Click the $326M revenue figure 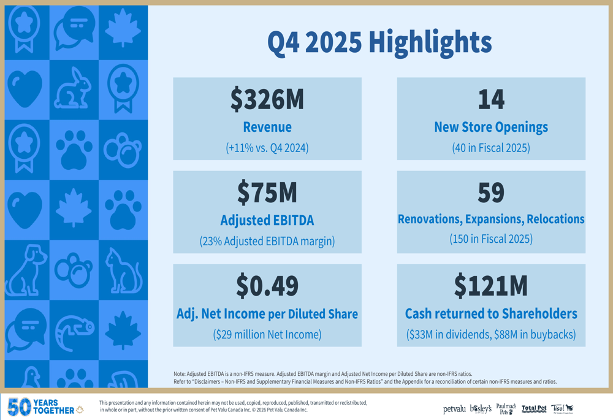[x=267, y=100]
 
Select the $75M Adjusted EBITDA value [x=267, y=193]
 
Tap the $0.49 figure [x=267, y=286]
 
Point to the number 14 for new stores [x=491, y=100]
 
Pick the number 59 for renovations [x=491, y=193]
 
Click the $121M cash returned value [x=491, y=286]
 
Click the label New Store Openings [x=491, y=128]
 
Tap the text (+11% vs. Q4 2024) [x=267, y=148]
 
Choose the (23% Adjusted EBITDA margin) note [x=267, y=242]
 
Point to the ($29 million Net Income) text [x=267, y=335]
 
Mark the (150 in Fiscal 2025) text [x=491, y=239]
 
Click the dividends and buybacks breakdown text [x=491, y=335]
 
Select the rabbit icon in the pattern [x=74, y=90]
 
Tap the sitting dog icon [x=26, y=270]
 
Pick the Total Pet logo [x=534, y=408]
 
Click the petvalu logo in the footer [x=454, y=409]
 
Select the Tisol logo [x=562, y=408]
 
